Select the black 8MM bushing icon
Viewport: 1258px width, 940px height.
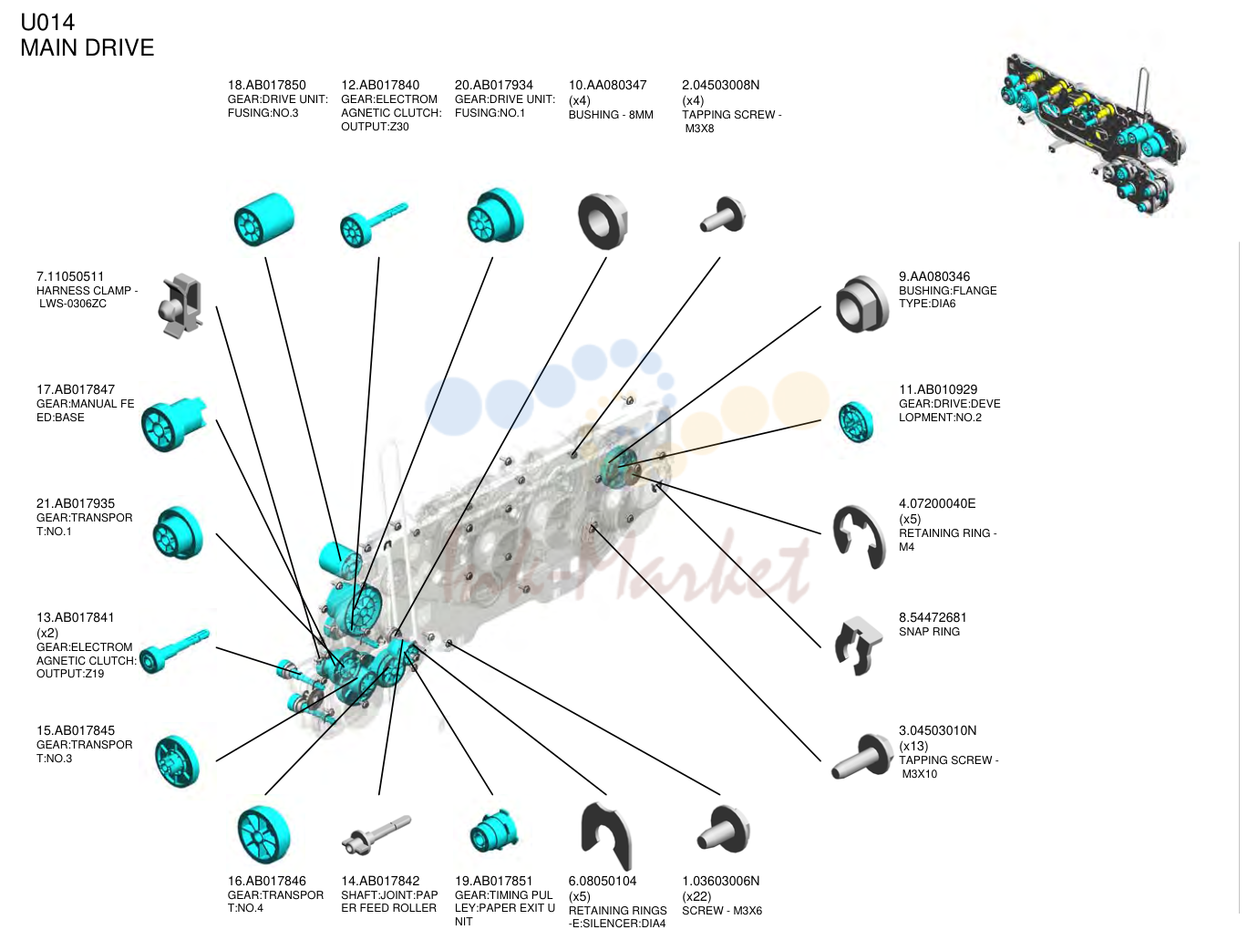coord(603,222)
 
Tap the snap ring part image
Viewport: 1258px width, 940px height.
coord(858,646)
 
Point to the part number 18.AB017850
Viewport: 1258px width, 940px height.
coord(266,85)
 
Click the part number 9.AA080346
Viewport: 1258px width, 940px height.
coord(934,276)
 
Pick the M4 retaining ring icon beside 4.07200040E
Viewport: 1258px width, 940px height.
coord(859,536)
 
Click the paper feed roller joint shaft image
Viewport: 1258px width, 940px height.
coord(376,834)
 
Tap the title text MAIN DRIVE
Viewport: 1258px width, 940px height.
coord(88,47)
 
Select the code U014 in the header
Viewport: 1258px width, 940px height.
coord(47,23)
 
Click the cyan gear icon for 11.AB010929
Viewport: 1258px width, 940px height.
coord(856,422)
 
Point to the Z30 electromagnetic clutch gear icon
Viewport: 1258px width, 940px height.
coord(373,224)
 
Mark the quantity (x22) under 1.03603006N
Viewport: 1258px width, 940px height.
coord(696,896)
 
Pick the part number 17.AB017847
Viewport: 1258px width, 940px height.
coord(76,389)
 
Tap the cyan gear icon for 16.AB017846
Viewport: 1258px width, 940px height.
coord(263,834)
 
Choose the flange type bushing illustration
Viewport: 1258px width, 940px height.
coord(862,304)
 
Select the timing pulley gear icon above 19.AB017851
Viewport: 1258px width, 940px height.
coord(492,832)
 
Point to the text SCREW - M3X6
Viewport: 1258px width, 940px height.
coord(722,911)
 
